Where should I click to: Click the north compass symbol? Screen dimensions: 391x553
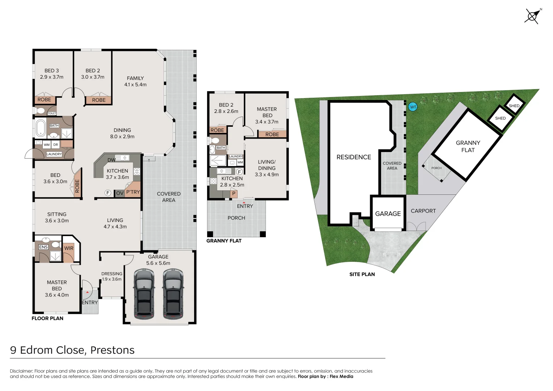coord(532,16)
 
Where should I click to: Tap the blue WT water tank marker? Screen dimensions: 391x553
coord(412,107)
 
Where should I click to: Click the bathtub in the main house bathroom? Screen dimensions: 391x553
coord(41,127)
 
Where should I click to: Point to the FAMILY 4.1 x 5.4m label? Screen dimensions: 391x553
coord(135,81)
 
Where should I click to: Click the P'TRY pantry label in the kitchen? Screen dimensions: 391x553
coord(133,192)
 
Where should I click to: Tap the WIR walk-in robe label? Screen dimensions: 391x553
coord(69,248)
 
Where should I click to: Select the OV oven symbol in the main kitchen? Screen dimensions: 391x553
coord(120,193)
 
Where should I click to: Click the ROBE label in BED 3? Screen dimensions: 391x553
coord(44,100)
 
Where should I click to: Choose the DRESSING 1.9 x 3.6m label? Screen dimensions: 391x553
coord(112,276)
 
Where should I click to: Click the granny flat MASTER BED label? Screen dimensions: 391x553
coord(267,115)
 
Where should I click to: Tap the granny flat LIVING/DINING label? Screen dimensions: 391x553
coord(267,168)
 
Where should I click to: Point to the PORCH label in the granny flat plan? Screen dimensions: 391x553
coord(236,218)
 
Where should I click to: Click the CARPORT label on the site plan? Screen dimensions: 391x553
coord(423,211)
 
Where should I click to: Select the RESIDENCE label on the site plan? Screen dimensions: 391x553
coord(353,157)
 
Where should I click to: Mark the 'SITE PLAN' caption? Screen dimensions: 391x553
coord(362,274)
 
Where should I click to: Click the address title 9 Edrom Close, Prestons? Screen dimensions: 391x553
coord(72,350)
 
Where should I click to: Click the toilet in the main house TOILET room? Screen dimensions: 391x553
coord(41,110)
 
